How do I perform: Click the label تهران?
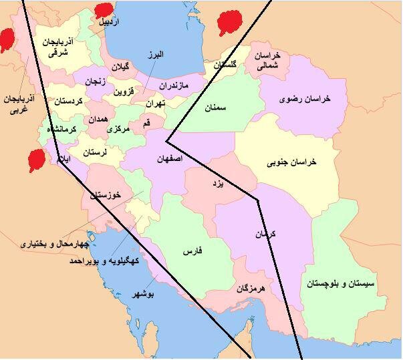[x=155, y=104]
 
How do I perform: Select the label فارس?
[x=192, y=252]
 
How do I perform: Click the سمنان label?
[x=217, y=107]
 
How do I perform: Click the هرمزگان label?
[x=251, y=289]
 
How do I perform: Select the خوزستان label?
[x=107, y=194]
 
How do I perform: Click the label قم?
[x=146, y=123]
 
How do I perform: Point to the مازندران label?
[x=175, y=86]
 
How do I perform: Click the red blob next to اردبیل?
[x=103, y=11]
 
